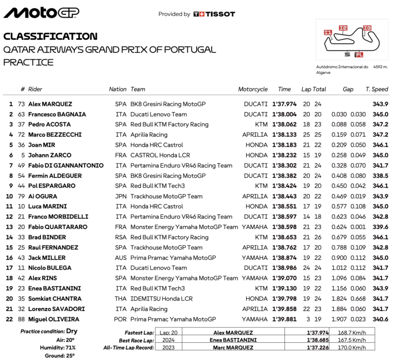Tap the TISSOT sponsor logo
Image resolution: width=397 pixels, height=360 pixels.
point(214,14)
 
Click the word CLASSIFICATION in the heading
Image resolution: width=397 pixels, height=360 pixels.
point(50,36)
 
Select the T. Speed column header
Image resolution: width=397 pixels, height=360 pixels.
point(377,89)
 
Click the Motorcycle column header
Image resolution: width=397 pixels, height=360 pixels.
point(253,89)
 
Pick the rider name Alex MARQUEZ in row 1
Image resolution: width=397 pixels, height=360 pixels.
point(50,104)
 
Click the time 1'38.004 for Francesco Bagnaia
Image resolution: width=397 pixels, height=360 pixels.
point(285,114)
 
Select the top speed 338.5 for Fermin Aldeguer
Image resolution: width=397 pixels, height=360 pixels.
point(380,175)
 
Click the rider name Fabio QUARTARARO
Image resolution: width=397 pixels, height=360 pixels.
point(57,227)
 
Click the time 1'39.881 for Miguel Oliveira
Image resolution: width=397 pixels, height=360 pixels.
point(285,319)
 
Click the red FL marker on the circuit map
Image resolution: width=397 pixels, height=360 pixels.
point(359,55)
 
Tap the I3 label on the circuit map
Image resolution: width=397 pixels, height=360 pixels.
point(367,27)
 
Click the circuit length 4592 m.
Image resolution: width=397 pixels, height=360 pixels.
point(380,67)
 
